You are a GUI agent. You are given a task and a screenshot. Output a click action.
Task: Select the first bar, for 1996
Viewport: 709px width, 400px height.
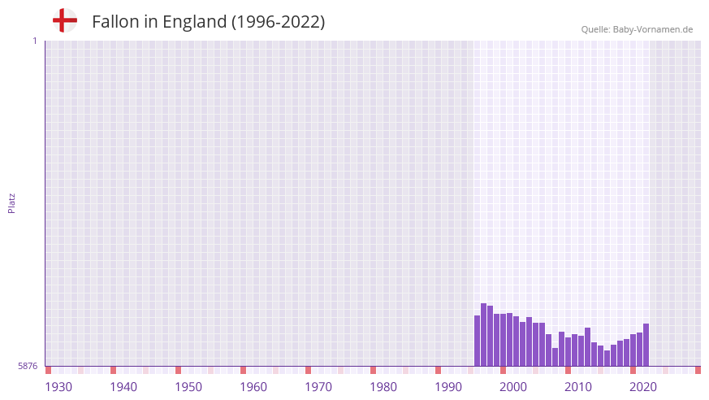[x=478, y=341]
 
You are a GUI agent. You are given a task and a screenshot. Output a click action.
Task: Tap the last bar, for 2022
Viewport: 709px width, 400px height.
[x=646, y=345]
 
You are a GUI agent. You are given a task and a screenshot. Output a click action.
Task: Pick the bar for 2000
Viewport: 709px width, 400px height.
[x=504, y=340]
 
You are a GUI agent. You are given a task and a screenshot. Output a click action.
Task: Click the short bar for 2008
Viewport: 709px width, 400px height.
[x=556, y=357]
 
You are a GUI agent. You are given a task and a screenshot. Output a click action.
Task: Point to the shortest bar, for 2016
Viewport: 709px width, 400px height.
[x=607, y=358]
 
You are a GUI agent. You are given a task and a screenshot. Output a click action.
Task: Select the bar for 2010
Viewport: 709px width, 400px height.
[x=568, y=352]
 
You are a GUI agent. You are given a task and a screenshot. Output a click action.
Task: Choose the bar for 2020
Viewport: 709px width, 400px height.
[x=633, y=350]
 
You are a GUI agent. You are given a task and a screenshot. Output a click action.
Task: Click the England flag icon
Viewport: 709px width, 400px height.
[x=65, y=21]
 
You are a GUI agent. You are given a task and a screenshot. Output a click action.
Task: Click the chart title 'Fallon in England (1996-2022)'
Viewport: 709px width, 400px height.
[x=209, y=22]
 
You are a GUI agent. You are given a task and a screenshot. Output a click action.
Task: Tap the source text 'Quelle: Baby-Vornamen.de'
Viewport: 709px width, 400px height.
[x=637, y=29]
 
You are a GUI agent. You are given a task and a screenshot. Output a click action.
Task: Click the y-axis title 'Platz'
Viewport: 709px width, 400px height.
[x=11, y=202]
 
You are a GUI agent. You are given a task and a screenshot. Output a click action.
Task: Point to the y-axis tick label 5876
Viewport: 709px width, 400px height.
[x=27, y=367]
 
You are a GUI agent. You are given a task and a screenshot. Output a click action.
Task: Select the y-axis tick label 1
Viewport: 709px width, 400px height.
[x=34, y=41]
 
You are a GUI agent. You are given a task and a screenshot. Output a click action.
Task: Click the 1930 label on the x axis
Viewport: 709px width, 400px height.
[x=58, y=387]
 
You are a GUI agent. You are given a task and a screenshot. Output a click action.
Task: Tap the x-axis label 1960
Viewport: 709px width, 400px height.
[x=253, y=387]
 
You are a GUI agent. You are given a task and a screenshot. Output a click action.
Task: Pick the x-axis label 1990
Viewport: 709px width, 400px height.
[x=448, y=387]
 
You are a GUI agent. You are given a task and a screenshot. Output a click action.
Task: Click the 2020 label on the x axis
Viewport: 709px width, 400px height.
[x=643, y=387]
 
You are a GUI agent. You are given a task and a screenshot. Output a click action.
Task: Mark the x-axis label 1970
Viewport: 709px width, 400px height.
[x=318, y=387]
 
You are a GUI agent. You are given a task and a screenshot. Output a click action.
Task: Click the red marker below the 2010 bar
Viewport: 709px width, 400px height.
[x=568, y=371]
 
